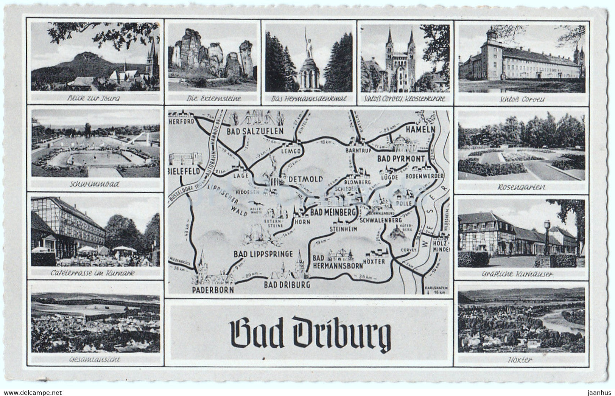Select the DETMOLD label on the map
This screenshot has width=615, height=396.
(305, 179)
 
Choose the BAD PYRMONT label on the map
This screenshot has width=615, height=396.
(401, 159)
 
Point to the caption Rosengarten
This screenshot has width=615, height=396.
(521, 187)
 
